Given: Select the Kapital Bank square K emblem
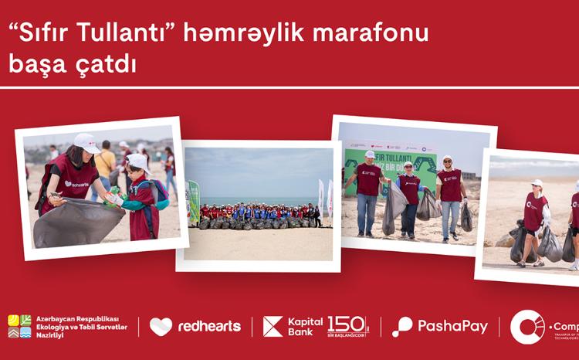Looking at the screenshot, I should tap(273, 327).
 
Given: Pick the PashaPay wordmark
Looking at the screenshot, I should tap(452, 327).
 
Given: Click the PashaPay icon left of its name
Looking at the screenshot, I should tap(402, 327).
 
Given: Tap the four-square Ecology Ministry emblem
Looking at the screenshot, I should tap(19, 327).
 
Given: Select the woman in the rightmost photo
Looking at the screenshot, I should tap(534, 216).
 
